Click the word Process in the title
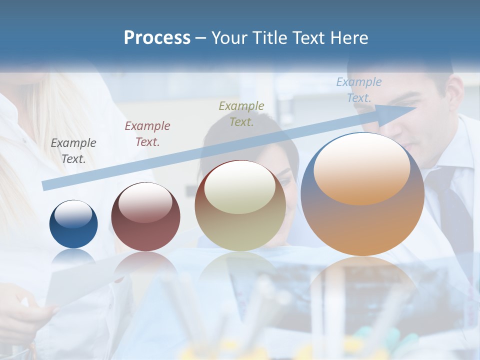click(157, 38)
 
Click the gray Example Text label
click(73, 150)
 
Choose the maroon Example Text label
click(147, 133)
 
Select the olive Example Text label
click(241, 113)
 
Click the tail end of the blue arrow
click(46, 185)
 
